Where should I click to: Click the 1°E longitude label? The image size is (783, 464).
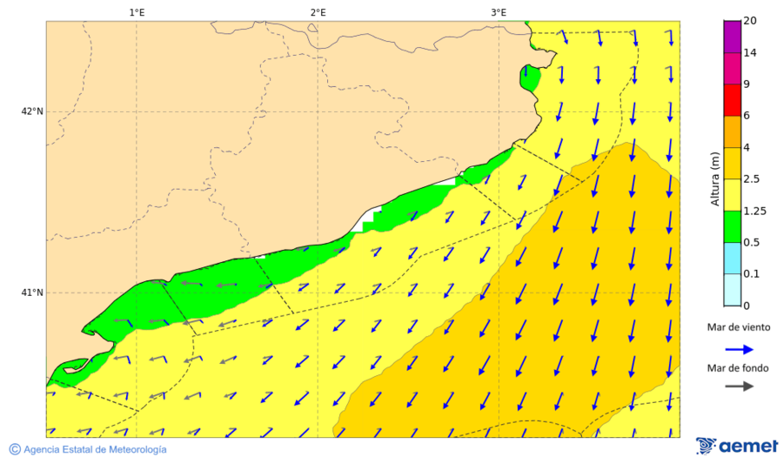tap(137, 12)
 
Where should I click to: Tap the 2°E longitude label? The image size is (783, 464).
tap(318, 12)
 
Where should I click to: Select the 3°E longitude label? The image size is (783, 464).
tap(499, 12)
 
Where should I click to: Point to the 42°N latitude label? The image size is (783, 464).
tap(32, 111)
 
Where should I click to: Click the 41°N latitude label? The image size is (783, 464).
tap(32, 293)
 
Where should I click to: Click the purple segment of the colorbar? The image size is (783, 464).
tap(731, 37)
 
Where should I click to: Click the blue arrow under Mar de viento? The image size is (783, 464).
tap(739, 348)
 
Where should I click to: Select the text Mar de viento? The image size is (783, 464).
tap(739, 327)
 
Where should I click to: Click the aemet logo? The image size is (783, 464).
tap(737, 446)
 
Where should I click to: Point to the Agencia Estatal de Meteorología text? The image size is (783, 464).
tap(95, 449)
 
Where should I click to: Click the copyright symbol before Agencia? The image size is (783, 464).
tap(15, 449)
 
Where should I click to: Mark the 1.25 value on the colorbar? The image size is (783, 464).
tap(753, 211)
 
